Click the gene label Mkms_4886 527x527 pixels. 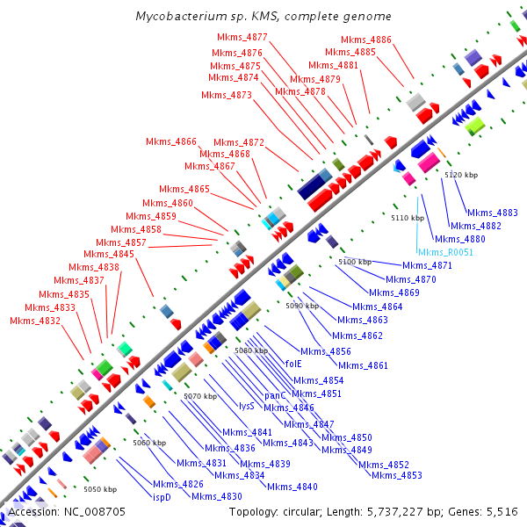[366, 40]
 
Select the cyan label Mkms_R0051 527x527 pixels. [446, 252]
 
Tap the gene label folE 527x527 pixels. [293, 363]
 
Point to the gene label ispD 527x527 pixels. [162, 496]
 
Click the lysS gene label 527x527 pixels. [247, 406]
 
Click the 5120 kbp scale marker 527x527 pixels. [461, 176]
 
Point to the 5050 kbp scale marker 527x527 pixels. [99, 488]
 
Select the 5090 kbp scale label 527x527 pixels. [301, 306]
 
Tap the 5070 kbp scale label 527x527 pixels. [199, 397]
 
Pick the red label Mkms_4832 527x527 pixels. [35, 321]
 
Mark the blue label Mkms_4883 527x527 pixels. [493, 213]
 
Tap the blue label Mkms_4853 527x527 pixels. [396, 475]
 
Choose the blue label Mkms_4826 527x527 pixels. [178, 484]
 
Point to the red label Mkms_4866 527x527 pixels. [171, 141]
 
